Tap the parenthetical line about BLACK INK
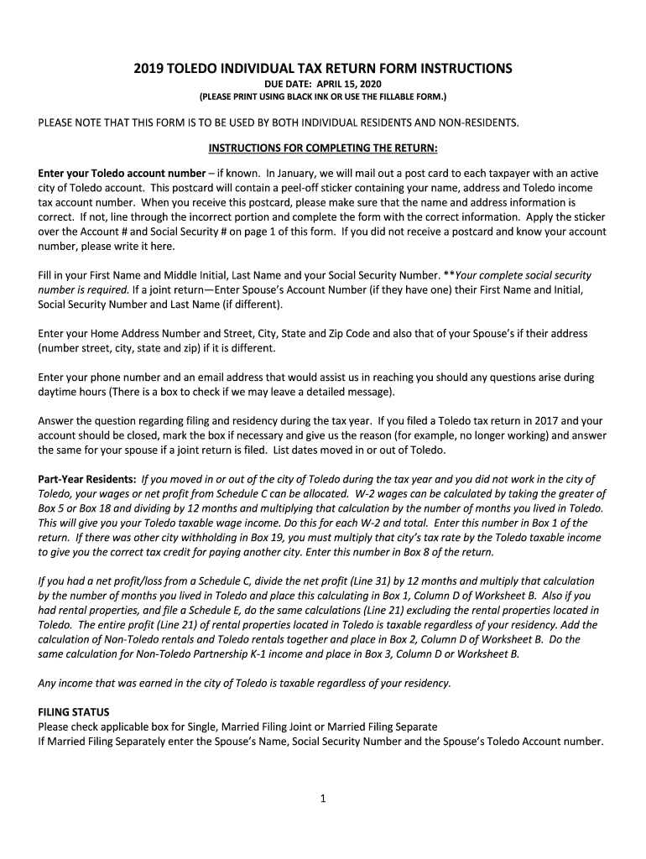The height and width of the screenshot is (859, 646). coord(322,97)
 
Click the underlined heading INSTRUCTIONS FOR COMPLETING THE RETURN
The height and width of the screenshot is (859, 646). coord(322,149)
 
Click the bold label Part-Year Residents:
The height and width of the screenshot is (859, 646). coord(87,479)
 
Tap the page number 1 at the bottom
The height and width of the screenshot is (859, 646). coord(322,799)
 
